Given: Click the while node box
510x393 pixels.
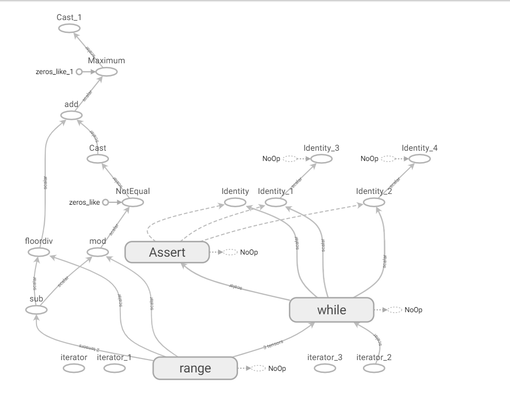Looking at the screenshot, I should [332, 310].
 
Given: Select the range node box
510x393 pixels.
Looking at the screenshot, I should [195, 368].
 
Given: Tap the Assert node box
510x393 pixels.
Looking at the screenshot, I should [168, 252].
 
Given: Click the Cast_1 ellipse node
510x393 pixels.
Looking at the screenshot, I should [69, 28].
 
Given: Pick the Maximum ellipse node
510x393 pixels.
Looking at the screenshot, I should [106, 72].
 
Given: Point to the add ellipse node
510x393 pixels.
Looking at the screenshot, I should [71, 115].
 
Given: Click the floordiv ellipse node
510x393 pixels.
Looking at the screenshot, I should [39, 252].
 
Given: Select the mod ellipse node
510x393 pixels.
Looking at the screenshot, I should [97, 252].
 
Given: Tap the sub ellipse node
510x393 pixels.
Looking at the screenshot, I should [36, 310].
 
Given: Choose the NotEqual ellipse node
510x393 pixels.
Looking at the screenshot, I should [132, 203].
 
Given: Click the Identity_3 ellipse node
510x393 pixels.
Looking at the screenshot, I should [321, 159].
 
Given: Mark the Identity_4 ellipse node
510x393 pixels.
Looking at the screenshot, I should [420, 159].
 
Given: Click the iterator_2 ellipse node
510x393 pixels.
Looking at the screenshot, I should [374, 368].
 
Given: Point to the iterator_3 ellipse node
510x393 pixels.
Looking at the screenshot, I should [325, 368].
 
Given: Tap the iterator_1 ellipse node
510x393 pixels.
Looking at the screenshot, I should [114, 368].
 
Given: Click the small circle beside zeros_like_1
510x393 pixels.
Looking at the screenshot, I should [79, 72].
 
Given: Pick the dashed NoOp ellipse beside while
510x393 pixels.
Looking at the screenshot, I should [395, 310].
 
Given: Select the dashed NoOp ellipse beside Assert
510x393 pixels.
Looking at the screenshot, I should [230, 252].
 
